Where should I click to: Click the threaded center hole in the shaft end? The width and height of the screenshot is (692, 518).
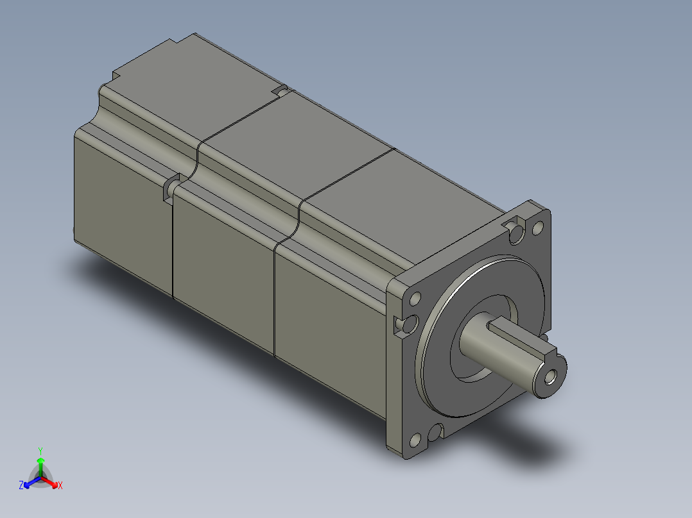pos(549,377)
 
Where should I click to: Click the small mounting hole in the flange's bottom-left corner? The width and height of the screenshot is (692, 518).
pos(414,440)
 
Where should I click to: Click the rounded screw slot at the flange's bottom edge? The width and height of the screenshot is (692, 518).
pos(436,433)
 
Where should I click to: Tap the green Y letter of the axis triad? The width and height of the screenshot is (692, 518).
pos(40,450)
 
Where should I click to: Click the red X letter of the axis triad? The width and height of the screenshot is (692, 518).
pos(60,485)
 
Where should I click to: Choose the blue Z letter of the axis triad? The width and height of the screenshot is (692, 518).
pos(21,485)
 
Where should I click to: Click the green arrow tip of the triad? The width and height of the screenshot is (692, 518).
pos(40,461)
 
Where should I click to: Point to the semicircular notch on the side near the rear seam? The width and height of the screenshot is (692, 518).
pos(169,187)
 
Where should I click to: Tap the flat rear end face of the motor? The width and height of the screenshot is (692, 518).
pos(122,205)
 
